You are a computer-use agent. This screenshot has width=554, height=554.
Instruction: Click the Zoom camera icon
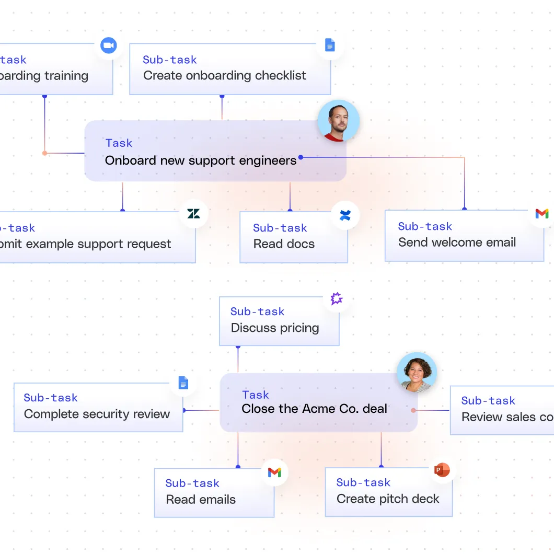click(108, 45)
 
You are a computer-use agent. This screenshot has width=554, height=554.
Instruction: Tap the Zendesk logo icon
click(193, 213)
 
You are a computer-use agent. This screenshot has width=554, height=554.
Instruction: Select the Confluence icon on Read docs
click(345, 215)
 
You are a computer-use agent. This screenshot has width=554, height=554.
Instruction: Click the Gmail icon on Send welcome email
click(542, 214)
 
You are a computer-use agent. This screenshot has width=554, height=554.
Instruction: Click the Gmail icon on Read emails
click(274, 472)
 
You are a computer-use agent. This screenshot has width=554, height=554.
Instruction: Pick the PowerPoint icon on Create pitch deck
click(442, 470)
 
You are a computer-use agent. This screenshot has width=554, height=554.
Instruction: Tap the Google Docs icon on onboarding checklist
click(329, 45)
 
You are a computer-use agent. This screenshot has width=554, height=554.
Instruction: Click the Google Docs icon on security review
click(183, 383)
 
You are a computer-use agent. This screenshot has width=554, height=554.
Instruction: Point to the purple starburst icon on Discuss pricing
click(337, 299)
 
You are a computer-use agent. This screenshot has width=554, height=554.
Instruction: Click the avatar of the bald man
click(339, 121)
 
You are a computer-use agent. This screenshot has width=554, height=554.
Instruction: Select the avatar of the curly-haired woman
click(417, 373)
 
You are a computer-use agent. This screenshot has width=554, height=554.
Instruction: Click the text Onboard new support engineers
click(201, 160)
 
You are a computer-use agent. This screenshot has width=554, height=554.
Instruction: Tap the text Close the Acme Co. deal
click(314, 409)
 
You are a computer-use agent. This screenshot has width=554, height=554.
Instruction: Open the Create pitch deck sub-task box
click(388, 492)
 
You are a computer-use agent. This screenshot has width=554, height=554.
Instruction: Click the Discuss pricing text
click(275, 328)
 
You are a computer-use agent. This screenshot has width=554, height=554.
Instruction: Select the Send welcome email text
click(457, 243)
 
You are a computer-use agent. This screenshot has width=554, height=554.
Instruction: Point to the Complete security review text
click(97, 414)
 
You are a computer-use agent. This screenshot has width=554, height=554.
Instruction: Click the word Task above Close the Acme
click(256, 395)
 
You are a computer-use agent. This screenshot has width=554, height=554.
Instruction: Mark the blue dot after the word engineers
click(301, 157)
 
